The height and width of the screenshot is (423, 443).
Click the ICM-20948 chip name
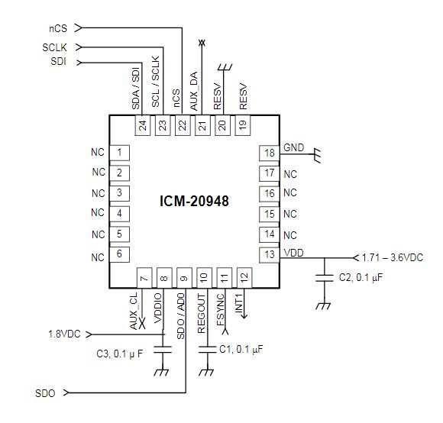[194, 201]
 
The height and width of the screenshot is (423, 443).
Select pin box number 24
[142, 125]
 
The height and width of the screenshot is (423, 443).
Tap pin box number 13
[269, 255]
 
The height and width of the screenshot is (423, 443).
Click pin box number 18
[269, 153]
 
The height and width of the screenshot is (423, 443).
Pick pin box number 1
[119, 153]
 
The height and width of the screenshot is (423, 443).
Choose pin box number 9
[183, 277]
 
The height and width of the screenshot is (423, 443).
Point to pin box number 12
[243, 277]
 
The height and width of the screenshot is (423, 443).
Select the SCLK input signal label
[56, 47]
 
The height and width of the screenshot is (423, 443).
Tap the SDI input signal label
[58, 60]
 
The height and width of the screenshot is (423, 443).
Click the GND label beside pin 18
[293, 147]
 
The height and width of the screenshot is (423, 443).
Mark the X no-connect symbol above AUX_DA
[202, 43]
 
